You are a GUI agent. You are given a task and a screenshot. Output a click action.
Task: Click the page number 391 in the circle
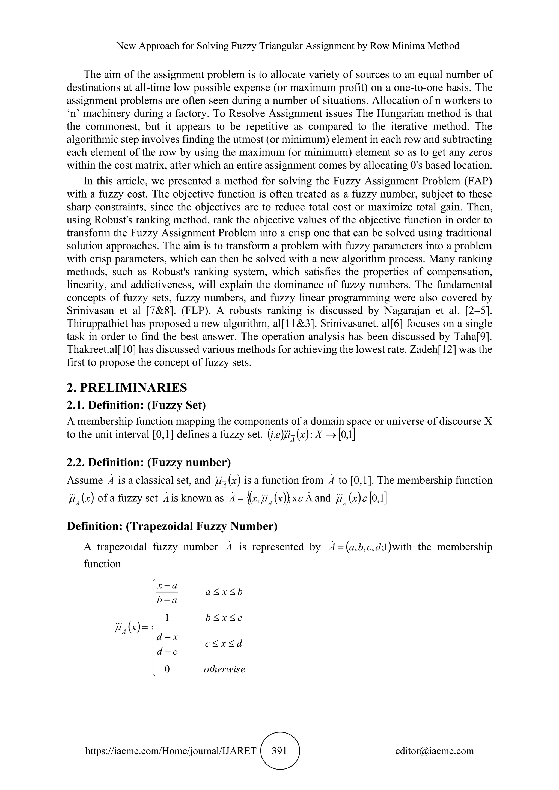(279, 750)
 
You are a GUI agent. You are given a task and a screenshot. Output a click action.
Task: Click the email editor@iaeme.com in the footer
(434, 750)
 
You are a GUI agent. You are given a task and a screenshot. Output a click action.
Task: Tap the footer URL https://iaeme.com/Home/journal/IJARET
(171, 750)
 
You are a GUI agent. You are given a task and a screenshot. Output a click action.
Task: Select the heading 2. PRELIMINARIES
(127, 388)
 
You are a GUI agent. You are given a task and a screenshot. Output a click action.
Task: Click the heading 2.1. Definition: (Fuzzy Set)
(136, 405)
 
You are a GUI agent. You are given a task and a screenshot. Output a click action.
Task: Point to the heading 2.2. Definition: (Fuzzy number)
(149, 462)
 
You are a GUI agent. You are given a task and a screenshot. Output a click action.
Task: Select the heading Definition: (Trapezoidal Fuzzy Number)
(172, 526)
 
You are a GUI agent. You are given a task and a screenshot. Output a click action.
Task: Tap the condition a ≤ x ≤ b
(224, 592)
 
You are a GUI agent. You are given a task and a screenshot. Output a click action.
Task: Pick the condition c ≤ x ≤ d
(224, 644)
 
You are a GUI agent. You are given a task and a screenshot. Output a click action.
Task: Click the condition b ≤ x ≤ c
(224, 618)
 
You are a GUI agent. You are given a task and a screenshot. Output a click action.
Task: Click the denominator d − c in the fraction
(167, 652)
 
